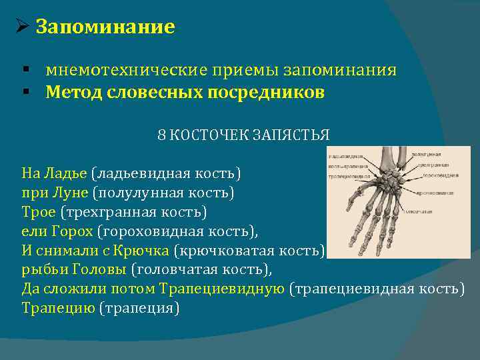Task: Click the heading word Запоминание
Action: (105, 27)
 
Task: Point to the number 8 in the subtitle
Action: (161, 135)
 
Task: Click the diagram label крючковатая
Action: (436, 193)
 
